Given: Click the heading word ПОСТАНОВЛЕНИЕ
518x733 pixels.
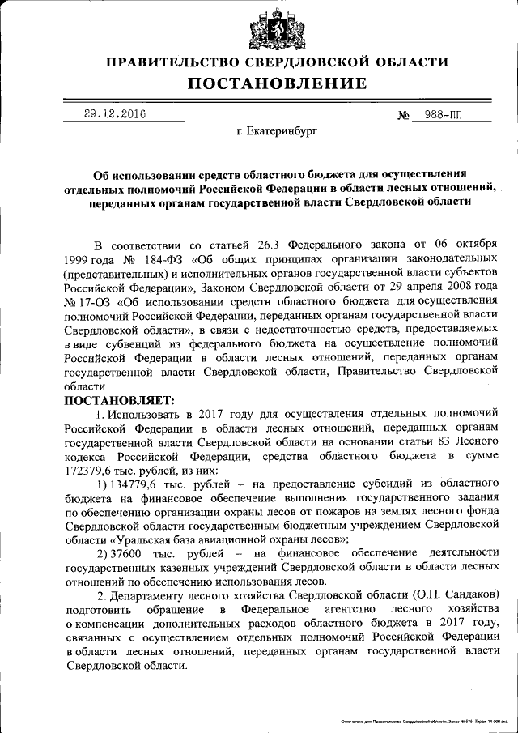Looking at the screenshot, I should coord(278,83).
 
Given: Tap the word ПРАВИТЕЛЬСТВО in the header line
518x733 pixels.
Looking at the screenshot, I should coord(174,62).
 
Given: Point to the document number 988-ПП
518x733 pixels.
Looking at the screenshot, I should coord(445,115).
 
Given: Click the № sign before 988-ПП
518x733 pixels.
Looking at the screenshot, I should coord(403,116).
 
